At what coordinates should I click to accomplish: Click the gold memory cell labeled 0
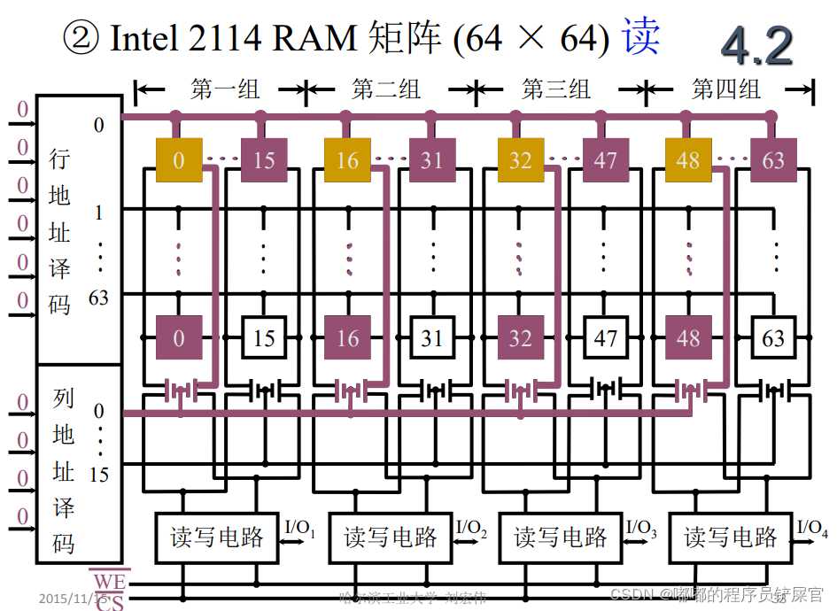(x=179, y=160)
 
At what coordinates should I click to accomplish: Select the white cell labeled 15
(x=264, y=338)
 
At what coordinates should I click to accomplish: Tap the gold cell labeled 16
(x=347, y=160)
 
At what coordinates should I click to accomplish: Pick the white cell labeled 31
(x=431, y=338)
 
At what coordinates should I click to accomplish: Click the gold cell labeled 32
(x=520, y=160)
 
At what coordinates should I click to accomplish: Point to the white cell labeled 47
(x=605, y=338)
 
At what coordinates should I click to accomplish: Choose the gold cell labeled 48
(x=688, y=160)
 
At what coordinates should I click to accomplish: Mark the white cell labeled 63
(x=773, y=338)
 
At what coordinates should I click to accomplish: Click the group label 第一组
(x=225, y=89)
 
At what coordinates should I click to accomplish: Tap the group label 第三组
(x=556, y=89)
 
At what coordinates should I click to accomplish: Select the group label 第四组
(x=726, y=89)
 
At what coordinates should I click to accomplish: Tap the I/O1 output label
(x=300, y=529)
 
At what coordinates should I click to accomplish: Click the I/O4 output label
(x=812, y=529)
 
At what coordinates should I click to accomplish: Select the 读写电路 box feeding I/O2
(x=391, y=538)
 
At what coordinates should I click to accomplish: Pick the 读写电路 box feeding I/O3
(x=561, y=538)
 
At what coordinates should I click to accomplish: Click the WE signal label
(x=109, y=581)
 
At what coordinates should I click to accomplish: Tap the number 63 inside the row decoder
(x=99, y=298)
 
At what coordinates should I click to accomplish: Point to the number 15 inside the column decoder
(x=99, y=475)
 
